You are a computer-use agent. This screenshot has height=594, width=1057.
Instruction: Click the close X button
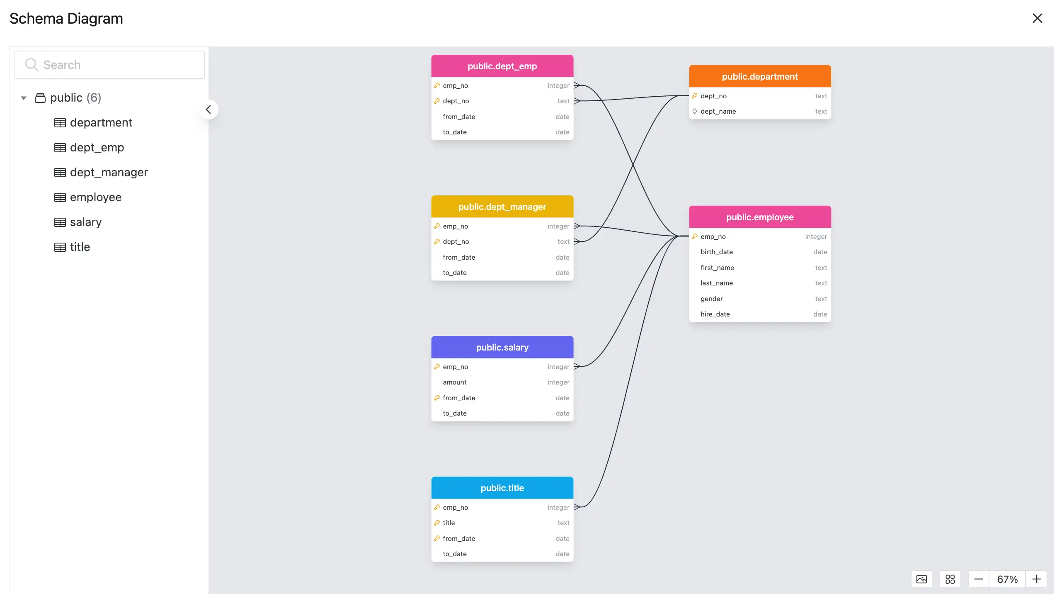(1037, 18)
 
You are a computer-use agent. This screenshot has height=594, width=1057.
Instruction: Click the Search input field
(109, 65)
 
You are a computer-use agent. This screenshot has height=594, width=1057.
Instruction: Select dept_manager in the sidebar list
(109, 172)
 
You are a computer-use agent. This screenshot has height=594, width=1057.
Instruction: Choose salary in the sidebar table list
(85, 222)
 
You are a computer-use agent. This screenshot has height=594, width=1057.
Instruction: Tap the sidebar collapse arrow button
(208, 110)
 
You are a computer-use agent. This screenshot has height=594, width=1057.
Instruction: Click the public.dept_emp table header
(502, 66)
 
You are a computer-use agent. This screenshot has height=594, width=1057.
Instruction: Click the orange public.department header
(759, 76)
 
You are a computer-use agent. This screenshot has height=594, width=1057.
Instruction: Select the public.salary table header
(502, 347)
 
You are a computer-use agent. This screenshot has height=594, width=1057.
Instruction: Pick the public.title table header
(502, 488)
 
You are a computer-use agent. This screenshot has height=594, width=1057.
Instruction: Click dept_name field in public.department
(718, 111)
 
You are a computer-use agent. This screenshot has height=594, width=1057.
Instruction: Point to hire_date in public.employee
(715, 314)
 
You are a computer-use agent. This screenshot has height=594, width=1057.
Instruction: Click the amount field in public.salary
(454, 382)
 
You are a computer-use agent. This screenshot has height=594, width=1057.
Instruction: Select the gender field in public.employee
(711, 299)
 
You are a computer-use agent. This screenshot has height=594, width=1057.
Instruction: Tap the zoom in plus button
(1036, 579)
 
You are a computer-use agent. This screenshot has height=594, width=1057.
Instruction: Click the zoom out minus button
(978, 579)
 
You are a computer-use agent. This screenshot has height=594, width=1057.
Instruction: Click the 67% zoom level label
(1007, 579)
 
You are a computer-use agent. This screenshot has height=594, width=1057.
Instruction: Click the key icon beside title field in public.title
(436, 523)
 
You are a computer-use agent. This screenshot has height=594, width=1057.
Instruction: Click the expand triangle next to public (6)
(24, 98)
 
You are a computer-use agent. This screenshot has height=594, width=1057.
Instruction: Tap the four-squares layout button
(950, 579)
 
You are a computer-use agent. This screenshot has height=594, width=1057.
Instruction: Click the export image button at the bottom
(921, 579)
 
